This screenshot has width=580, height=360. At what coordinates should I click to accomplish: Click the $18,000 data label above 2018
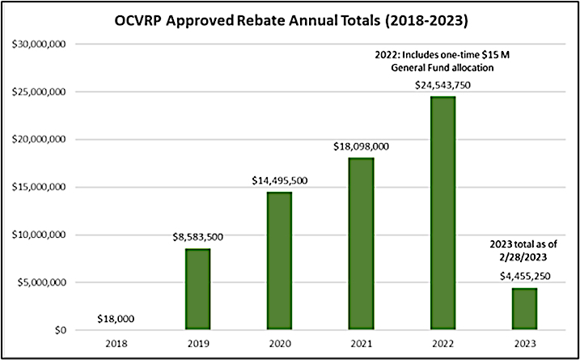pos(116,320)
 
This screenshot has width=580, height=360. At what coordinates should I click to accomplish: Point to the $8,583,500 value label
pos(197,237)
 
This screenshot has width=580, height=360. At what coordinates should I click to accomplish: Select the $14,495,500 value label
pos(279,180)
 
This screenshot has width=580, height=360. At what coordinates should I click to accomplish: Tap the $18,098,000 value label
pos(361,146)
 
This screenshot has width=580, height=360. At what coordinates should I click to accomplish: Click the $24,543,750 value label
pos(443,85)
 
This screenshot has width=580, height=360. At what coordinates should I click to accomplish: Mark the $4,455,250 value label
pos(525,277)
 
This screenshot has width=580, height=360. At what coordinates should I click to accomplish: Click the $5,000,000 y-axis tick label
pos(47,283)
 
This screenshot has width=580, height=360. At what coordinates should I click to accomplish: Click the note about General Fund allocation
pos(443,61)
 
